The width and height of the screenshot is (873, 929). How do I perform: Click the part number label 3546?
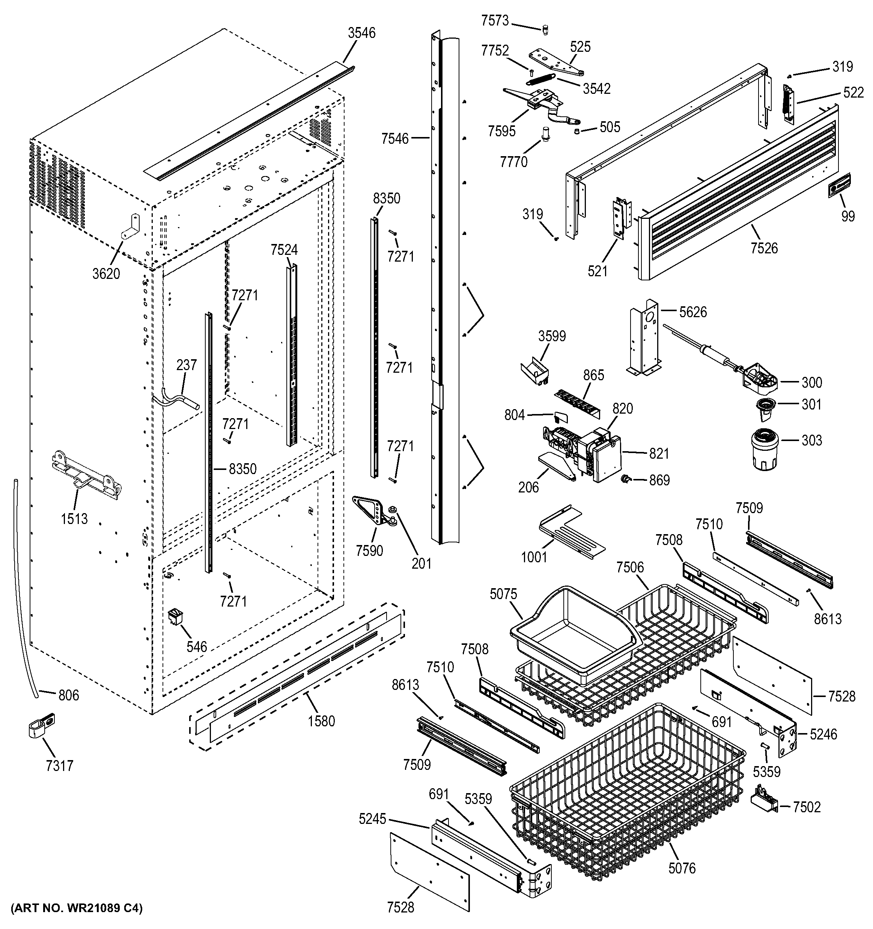coord(361,33)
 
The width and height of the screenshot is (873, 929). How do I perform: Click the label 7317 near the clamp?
coord(59,766)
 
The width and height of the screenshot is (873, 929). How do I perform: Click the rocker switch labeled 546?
coord(175,617)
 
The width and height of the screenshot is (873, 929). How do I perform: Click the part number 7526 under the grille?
coord(764,248)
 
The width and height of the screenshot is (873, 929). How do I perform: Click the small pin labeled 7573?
coord(545,30)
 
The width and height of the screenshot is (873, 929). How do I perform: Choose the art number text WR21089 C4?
coord(76,908)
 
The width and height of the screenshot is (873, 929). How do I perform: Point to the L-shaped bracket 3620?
coord(130,227)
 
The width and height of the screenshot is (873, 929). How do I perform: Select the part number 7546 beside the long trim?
coord(394,139)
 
